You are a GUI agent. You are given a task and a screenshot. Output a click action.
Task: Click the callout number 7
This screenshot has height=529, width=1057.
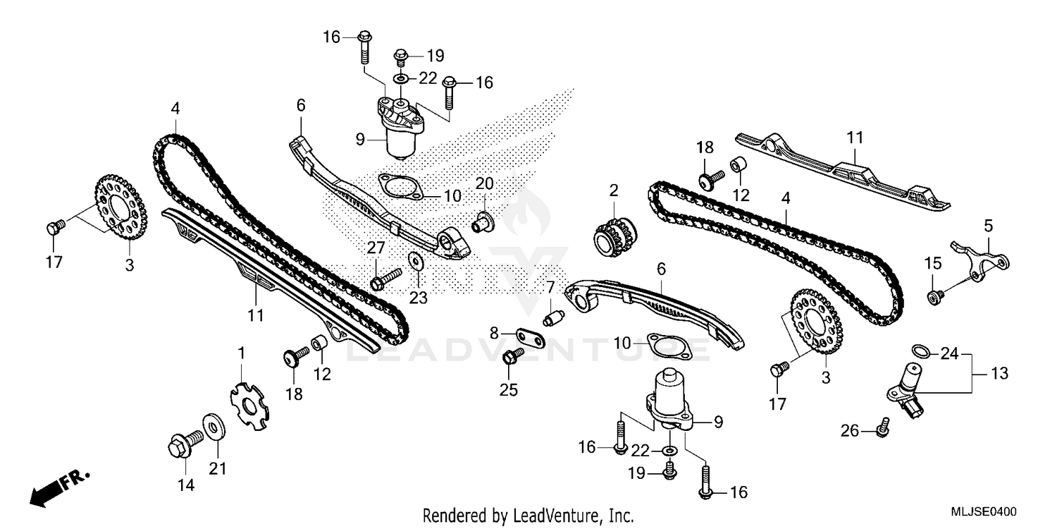550,287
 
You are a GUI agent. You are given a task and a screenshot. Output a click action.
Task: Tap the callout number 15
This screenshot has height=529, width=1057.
932,263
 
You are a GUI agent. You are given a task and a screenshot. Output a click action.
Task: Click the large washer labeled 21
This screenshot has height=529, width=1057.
211,426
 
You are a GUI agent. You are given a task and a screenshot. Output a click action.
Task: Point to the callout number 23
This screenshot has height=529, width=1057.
418,298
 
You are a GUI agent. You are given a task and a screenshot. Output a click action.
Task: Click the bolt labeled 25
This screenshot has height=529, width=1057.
510,358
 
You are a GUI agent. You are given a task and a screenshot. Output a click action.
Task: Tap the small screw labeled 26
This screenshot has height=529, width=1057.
882,426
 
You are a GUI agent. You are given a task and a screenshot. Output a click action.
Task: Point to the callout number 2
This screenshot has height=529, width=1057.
613,190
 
